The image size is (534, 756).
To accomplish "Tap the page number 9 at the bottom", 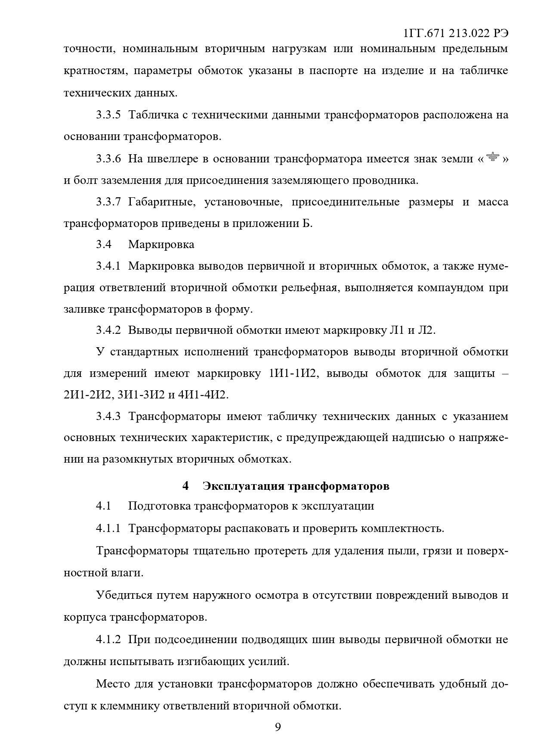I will (x=278, y=728).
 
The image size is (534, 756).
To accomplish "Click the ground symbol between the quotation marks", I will (x=492, y=157).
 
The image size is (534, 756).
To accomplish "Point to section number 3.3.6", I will (x=108, y=159).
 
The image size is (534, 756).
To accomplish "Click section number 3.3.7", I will (x=108, y=202).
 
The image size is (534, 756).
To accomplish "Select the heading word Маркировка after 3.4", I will (x=161, y=245).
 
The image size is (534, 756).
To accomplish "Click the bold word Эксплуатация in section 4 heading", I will (x=243, y=486).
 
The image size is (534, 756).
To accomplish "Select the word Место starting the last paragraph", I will (x=113, y=684).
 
